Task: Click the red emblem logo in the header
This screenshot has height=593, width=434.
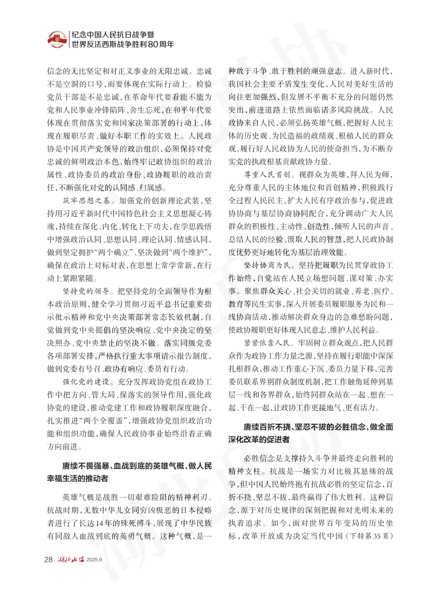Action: (x=56, y=39)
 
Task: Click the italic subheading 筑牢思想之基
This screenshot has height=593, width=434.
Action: (x=80, y=201)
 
